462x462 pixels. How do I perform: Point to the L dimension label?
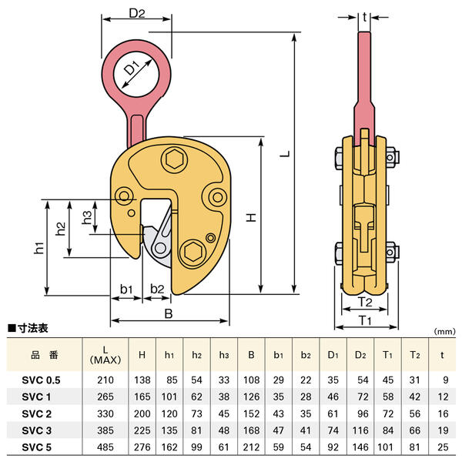tap(284, 154)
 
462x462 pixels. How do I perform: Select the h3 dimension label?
tap(90, 216)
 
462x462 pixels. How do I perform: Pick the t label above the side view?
tap(366, 15)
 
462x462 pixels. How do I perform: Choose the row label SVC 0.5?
tap(41, 380)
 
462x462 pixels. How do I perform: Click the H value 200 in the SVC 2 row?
tap(141, 413)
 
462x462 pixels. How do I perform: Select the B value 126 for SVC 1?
tap(251, 397)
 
